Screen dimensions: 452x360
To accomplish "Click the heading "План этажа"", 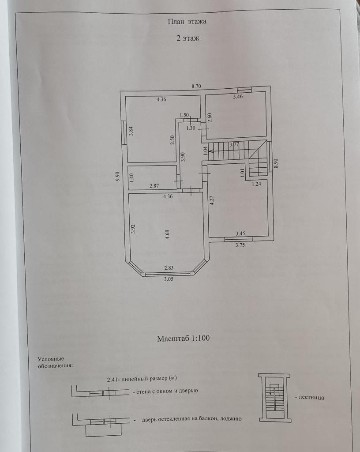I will coord(187,21).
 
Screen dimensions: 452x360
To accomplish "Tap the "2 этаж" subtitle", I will coord(188,38).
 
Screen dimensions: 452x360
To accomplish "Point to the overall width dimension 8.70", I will coord(196,87).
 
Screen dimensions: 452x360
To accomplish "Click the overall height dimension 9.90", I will coord(117,177).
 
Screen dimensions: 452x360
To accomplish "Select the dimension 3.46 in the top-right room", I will coord(238,96).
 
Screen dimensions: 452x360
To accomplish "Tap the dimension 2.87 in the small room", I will coord(154,186).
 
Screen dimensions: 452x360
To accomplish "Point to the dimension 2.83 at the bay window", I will coord(169,268).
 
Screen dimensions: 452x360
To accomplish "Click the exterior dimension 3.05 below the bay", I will coord(169,279).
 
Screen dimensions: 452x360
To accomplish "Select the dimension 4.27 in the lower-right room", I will coord(212,201).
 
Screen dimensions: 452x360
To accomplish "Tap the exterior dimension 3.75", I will coord(240,245).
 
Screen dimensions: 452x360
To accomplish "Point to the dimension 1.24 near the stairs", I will coord(257,184).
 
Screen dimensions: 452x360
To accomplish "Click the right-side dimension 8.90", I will coord(276,163).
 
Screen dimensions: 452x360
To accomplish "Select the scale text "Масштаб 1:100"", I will coord(183,339).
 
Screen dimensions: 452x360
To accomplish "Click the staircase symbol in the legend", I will coord(274,397).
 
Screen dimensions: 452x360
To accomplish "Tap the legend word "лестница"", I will coord(311,397).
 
